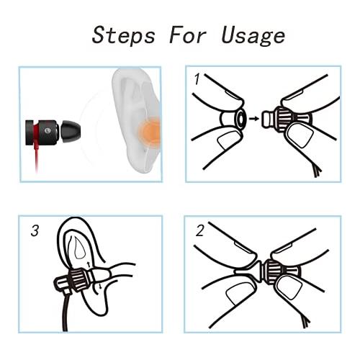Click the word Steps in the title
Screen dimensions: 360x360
coord(124,35)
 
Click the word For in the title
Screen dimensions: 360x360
coord(188,36)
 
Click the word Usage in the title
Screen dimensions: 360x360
coord(253,36)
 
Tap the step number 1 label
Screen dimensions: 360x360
coord(197,79)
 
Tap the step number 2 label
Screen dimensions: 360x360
coord(199,230)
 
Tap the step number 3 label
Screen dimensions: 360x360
coord(35,230)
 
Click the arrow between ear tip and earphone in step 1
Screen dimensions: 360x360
coord(254,118)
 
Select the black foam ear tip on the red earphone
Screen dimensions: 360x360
coord(70,132)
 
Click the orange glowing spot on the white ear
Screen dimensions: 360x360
coord(149,132)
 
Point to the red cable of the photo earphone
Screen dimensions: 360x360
coord(37,153)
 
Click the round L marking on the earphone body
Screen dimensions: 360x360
coord(48,131)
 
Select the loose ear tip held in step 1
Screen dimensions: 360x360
coord(233,119)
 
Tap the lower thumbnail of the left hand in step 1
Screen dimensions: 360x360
coord(228,140)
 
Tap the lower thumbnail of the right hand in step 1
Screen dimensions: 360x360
coord(300,135)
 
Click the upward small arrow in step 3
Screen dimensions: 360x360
coord(89,264)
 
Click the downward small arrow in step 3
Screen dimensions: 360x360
coord(100,286)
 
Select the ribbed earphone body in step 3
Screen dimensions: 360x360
coord(78,279)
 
